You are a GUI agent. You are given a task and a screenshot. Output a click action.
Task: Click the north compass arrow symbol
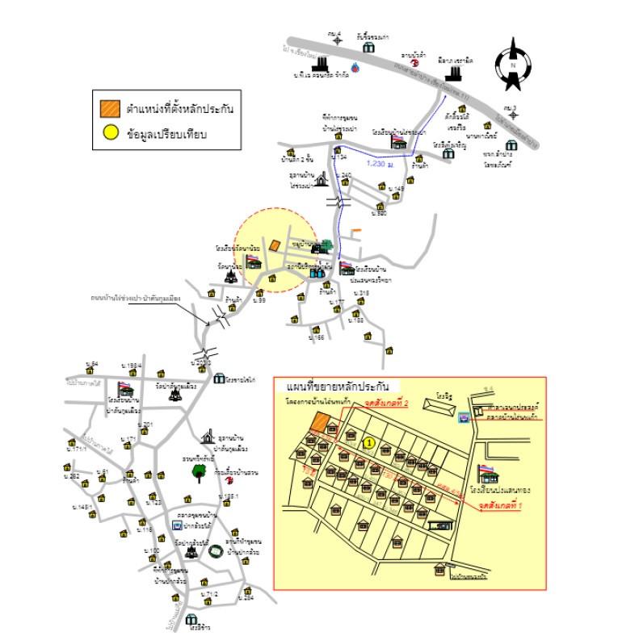(513, 64)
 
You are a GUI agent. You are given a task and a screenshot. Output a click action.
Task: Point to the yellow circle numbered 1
(368, 442)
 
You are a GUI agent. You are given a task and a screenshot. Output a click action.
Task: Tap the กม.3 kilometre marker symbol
(510, 113)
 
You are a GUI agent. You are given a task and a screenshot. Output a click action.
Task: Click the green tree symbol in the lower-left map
(199, 473)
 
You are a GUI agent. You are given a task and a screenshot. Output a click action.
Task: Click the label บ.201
(147, 425)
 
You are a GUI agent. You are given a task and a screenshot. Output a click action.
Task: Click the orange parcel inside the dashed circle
(275, 245)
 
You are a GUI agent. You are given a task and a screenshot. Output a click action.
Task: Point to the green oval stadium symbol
(217, 552)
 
